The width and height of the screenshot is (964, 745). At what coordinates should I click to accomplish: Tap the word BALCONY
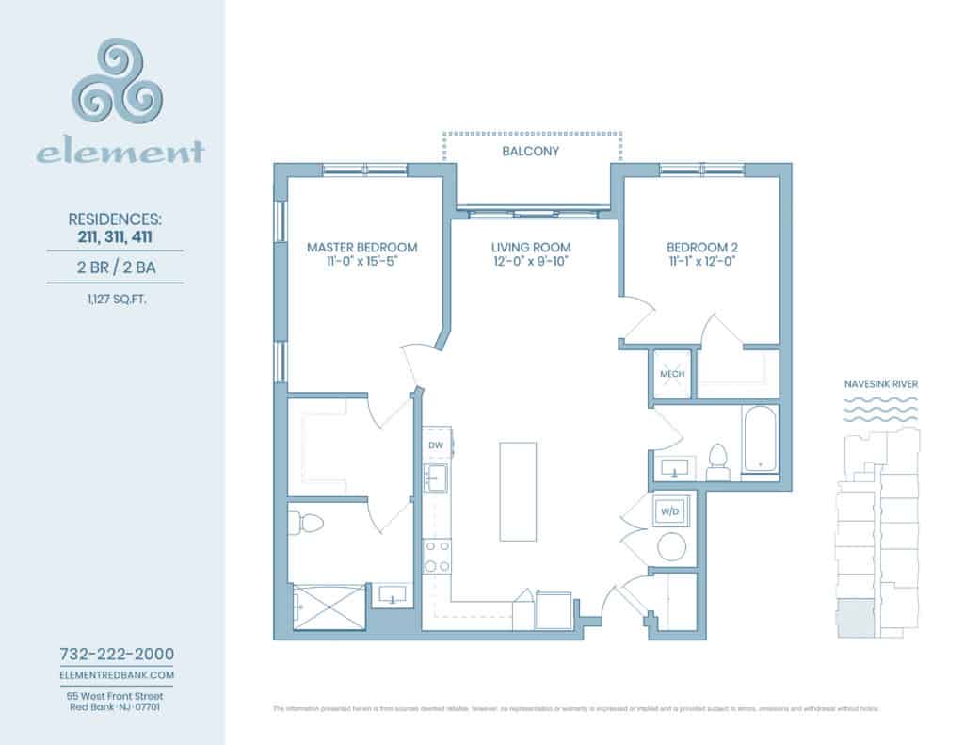point(532,151)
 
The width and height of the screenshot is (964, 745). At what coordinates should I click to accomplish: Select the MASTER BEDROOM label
point(362,247)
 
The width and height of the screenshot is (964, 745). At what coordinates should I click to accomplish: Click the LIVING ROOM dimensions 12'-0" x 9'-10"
point(532,263)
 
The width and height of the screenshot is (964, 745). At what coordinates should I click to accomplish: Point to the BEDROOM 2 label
point(701,247)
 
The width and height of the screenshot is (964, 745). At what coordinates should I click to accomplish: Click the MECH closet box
point(672,374)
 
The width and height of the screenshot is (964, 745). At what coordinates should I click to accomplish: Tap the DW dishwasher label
point(435,445)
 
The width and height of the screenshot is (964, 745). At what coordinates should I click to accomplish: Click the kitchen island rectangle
point(518,491)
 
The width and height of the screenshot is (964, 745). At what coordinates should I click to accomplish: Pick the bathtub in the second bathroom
point(758,441)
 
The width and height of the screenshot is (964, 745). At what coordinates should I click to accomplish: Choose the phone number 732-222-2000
point(117,654)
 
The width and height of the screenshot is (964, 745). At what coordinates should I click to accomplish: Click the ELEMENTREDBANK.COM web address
point(117,675)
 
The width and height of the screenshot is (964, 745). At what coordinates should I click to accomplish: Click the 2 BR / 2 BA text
point(117,267)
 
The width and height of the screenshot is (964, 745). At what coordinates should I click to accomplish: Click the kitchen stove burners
point(437,556)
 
